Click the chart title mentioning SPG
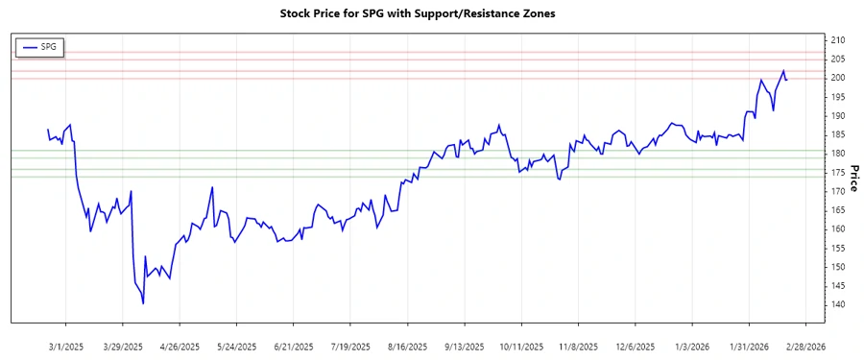click(x=431, y=13)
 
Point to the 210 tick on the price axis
click(x=838, y=39)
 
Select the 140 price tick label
click(x=838, y=304)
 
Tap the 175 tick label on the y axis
click(x=838, y=172)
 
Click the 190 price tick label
click(x=838, y=115)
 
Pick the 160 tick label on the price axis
click(x=838, y=228)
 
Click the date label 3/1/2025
click(x=65, y=346)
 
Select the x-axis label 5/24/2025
click(x=236, y=346)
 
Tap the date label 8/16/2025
click(x=407, y=346)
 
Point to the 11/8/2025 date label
click(x=578, y=346)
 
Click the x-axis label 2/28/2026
click(x=804, y=346)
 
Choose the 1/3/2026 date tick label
click(x=691, y=346)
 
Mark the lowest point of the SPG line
click(x=143, y=303)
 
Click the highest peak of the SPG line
click(x=783, y=70)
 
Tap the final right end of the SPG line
click(x=787, y=79)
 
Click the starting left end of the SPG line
click(x=47, y=130)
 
